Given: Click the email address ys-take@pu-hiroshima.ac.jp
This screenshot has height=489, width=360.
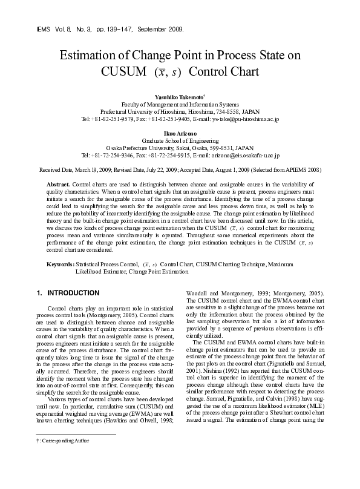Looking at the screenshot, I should [246, 119].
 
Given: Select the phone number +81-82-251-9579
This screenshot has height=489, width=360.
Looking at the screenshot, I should [107, 119].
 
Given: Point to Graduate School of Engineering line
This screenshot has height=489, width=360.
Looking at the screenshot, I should [180, 140].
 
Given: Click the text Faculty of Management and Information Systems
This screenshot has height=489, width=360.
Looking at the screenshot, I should [180, 104].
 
